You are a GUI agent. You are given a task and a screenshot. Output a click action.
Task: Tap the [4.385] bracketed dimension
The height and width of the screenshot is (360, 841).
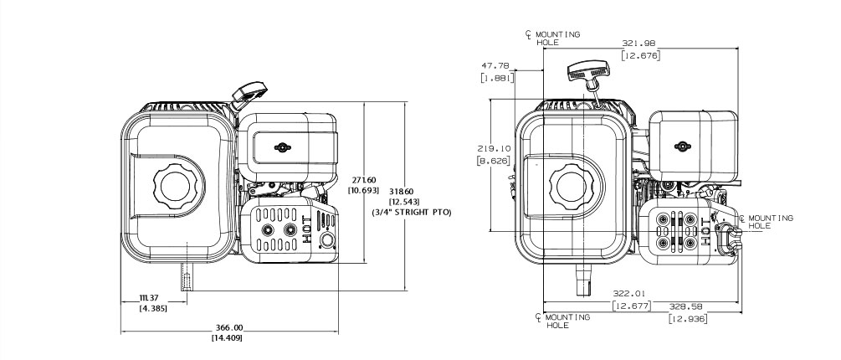pos(151,309)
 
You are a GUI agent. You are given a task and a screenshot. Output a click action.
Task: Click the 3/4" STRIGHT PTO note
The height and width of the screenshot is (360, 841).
pos(411,212)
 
